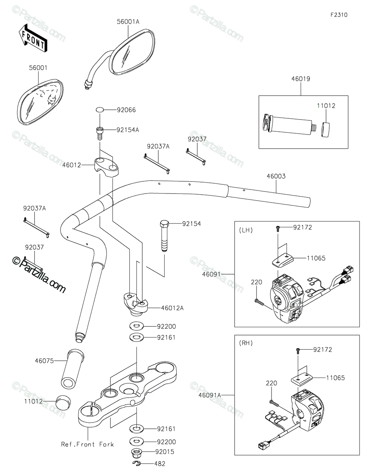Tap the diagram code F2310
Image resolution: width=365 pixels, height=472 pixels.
339,15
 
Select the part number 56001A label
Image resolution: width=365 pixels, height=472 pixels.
128,22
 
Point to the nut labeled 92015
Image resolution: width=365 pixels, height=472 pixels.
137,452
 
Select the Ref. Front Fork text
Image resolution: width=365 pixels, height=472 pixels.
88,444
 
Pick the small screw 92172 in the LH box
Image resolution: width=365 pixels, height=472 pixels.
278,228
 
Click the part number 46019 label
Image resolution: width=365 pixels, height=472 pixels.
301,79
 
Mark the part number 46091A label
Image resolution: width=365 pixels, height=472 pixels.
210,395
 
